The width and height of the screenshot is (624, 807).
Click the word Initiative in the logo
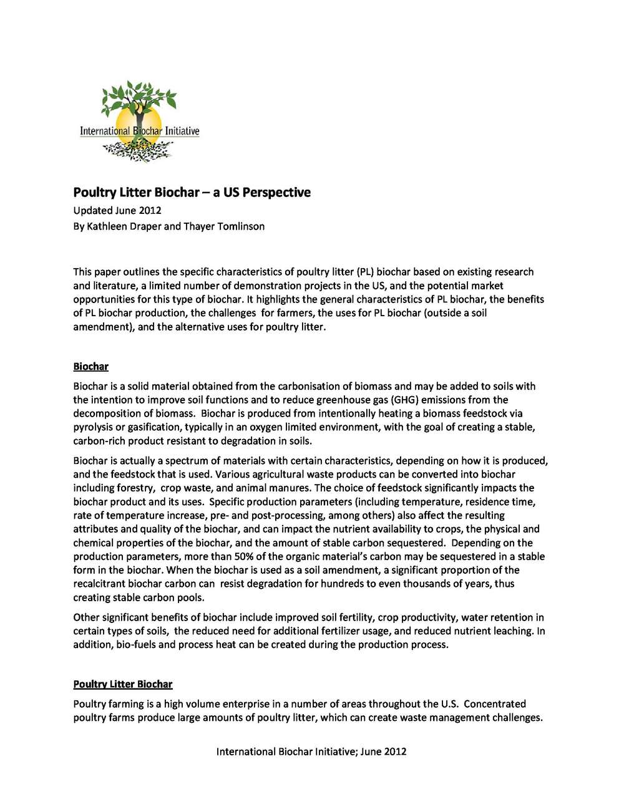point(182,131)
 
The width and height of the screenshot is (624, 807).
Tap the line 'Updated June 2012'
point(117,210)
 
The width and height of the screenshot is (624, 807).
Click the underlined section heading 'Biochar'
point(90,366)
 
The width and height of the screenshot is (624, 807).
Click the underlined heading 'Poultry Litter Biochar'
point(123,684)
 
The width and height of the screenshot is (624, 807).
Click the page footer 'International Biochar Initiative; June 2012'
point(311,751)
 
